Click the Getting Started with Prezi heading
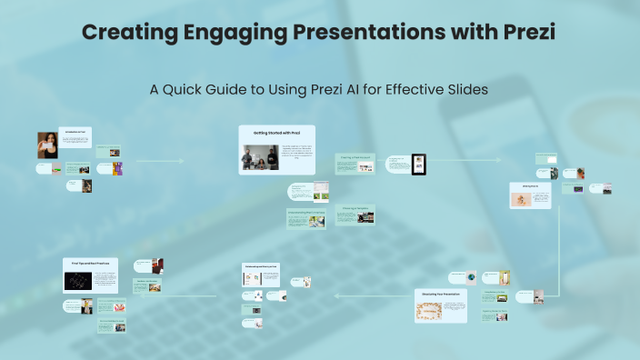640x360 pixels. pyautogui.click(x=276, y=134)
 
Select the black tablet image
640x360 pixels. pyautogui.click(x=419, y=165)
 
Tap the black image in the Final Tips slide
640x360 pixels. pyautogui.click(x=79, y=282)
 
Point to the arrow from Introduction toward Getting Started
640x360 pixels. pyautogui.click(x=159, y=161)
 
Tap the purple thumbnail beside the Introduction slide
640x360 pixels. pyautogui.click(x=116, y=168)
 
